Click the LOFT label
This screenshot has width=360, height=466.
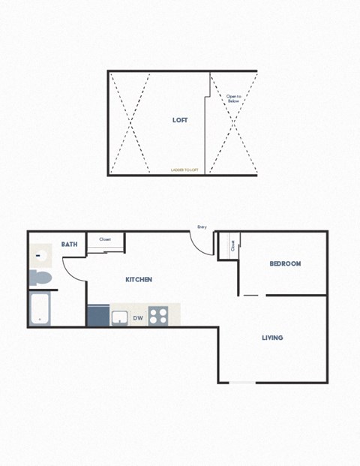click(x=180, y=120)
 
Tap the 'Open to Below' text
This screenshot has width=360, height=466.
click(x=233, y=99)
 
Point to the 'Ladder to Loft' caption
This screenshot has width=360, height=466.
click(x=184, y=170)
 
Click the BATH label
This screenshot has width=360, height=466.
click(x=69, y=244)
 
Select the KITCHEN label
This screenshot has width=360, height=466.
click(x=139, y=279)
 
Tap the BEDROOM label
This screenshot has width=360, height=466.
click(x=285, y=263)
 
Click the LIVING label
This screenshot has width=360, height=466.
click(x=272, y=338)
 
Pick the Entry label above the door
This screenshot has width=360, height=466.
click(x=202, y=227)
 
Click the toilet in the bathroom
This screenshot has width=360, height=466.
click(x=40, y=279)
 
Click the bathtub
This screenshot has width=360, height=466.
click(x=40, y=308)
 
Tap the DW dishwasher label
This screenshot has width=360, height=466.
click(x=138, y=318)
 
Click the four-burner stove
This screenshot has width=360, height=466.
click(x=157, y=316)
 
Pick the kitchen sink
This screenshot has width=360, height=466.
click(x=120, y=317)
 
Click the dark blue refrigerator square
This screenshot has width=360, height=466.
click(x=97, y=315)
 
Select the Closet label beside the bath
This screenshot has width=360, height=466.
click(x=105, y=239)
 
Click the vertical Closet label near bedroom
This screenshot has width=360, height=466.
click(x=233, y=245)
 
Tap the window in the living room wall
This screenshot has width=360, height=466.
click(x=242, y=383)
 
